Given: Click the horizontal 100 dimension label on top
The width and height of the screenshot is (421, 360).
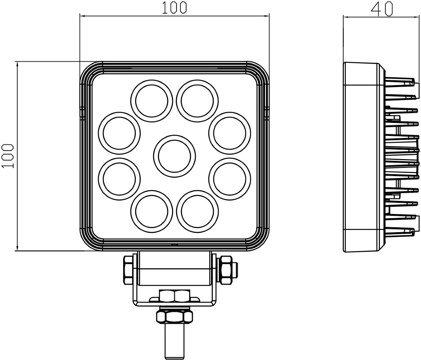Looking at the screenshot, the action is pyautogui.click(x=174, y=8).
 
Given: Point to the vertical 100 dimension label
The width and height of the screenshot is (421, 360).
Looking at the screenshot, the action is pyautogui.click(x=8, y=156).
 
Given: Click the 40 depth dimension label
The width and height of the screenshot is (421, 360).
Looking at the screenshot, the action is pyautogui.click(x=382, y=9).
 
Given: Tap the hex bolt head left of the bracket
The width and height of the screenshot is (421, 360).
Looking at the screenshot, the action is pyautogui.click(x=128, y=270).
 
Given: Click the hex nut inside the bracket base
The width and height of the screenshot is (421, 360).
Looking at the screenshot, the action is pyautogui.click(x=175, y=296).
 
